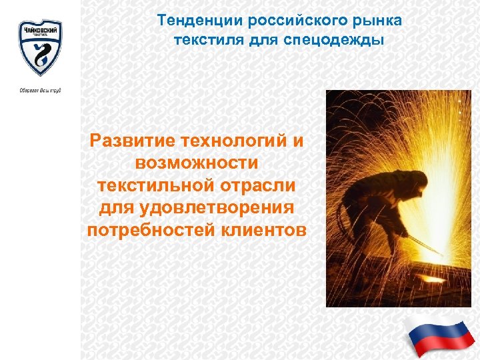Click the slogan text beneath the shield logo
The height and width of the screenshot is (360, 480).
tap(40, 90)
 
